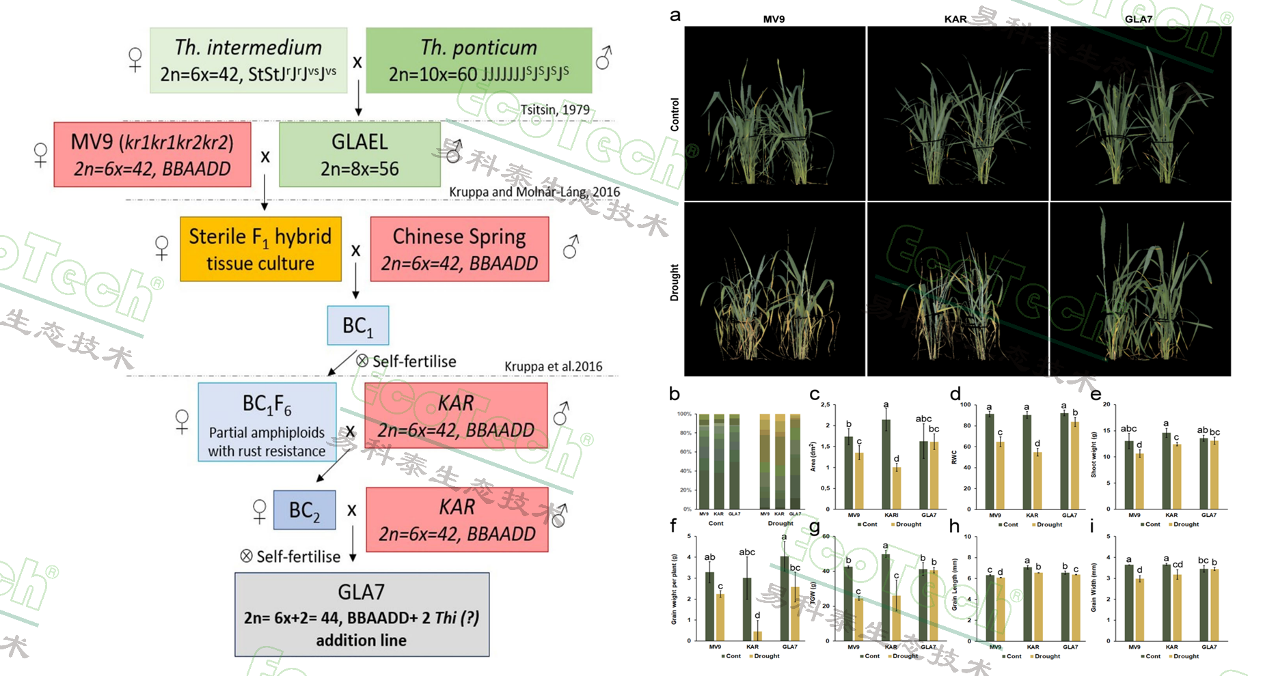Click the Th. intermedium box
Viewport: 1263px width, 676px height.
[x=248, y=60]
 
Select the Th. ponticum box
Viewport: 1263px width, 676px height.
[x=478, y=60]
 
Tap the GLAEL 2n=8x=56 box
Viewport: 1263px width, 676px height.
[x=359, y=155]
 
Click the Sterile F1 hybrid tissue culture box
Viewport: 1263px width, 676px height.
[x=260, y=249]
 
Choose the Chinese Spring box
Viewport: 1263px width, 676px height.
[x=459, y=249]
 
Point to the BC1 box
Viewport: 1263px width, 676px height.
[x=357, y=326]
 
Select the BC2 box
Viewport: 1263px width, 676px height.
[x=304, y=510]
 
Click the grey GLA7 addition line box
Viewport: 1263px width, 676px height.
[x=362, y=615]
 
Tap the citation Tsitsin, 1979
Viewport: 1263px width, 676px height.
[x=554, y=109]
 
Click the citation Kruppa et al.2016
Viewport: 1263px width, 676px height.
[x=553, y=367]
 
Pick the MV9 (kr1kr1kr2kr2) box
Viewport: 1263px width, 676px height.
[x=152, y=155]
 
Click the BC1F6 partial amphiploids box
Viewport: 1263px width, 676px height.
[x=267, y=422]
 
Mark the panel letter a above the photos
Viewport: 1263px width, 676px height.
[x=675, y=15]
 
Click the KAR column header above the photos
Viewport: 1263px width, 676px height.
[x=955, y=19]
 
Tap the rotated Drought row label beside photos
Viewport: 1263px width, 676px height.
[x=675, y=283]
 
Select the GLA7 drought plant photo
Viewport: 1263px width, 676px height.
[x=1140, y=289]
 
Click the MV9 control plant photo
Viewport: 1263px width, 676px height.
[x=774, y=113]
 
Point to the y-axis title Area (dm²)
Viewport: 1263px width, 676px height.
[x=813, y=457]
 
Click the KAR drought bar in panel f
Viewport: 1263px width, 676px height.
[x=757, y=636]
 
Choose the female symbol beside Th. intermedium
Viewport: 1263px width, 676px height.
[x=135, y=59]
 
